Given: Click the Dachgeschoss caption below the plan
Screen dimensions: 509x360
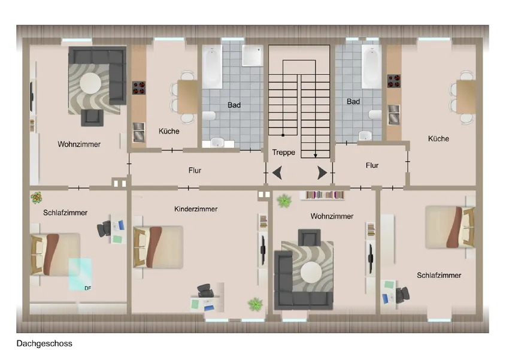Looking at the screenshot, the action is [x=44, y=343].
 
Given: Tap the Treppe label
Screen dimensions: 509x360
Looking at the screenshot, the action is [x=284, y=153].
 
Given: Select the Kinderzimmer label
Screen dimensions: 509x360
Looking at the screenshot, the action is [x=196, y=209].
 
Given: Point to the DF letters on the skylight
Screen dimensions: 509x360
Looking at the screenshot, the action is [x=87, y=288].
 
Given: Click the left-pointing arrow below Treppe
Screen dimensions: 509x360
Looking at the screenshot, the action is [x=277, y=173].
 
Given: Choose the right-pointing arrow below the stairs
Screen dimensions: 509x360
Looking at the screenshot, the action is [x=322, y=173].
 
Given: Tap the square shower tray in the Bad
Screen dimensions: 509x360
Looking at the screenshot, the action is [x=252, y=55].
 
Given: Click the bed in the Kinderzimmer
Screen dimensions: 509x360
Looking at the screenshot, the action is [x=158, y=247].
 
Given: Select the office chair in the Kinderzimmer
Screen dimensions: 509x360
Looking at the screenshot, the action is [x=205, y=290].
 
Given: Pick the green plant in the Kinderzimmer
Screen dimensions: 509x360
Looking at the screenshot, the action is [x=255, y=304].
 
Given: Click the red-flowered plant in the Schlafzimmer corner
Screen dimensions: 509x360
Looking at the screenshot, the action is [x=37, y=198].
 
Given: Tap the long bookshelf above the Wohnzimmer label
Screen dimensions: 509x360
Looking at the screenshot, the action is [x=325, y=195].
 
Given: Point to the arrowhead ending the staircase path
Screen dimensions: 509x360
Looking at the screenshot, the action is [x=315, y=156].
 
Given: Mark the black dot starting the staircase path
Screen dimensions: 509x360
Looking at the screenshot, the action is [x=283, y=135].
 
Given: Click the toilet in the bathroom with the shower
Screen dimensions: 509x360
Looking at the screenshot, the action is [x=209, y=116].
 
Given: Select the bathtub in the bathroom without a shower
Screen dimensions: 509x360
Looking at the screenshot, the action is [x=372, y=66].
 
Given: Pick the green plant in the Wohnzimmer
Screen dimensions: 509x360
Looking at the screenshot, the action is [x=284, y=201].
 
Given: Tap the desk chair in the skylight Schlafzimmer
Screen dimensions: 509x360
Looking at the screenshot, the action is [x=104, y=229].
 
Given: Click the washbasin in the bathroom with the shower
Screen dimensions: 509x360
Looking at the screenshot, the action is [x=217, y=142].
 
